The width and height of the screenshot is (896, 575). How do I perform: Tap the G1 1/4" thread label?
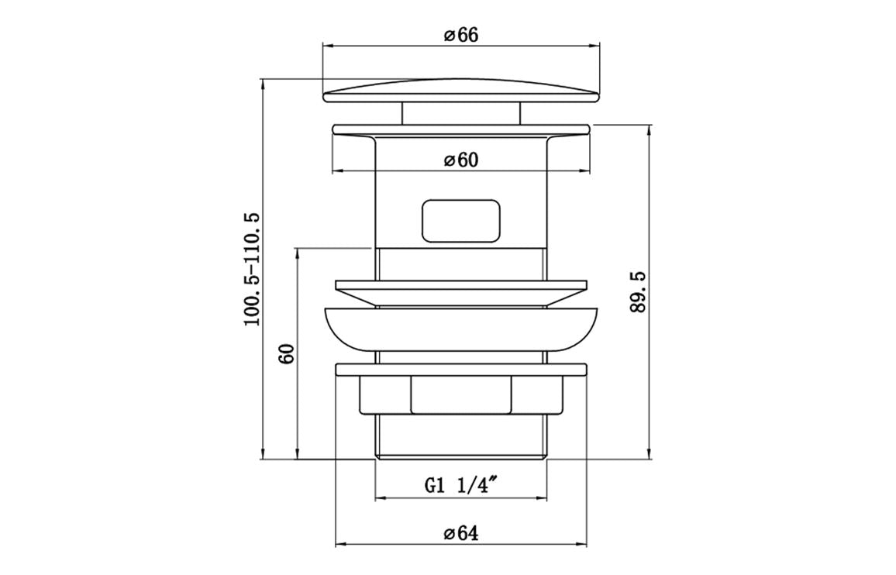tap(460, 486)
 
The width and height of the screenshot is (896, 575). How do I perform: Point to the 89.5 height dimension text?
tap(638, 292)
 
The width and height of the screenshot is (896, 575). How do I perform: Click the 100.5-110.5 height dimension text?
tap(252, 269)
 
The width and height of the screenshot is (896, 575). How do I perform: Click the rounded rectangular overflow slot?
tap(460, 222)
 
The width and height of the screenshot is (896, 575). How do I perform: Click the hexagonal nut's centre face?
tap(460, 394)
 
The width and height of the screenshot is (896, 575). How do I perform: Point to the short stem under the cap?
tap(460, 113)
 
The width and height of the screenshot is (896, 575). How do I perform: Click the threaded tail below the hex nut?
tap(460, 438)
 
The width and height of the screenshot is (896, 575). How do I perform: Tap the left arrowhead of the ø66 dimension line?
tap(326, 46)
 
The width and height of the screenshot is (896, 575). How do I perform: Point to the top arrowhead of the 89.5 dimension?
tap(649, 131)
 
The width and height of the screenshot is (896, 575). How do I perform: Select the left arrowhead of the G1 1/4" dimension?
tap(380, 498)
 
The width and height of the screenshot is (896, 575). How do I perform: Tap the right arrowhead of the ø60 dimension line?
tap(585, 171)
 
